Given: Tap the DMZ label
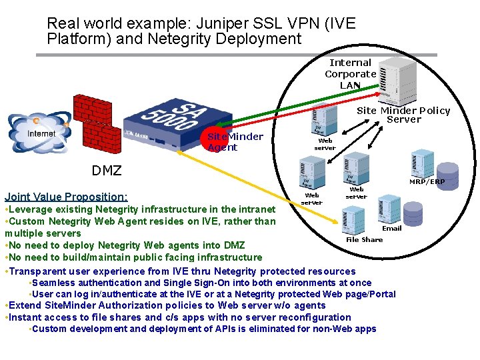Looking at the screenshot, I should pos(107,171).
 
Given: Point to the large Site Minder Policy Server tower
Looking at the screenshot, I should pos(394,73).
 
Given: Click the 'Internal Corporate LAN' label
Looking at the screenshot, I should pos(350,73).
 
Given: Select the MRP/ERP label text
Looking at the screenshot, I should pos(427,181).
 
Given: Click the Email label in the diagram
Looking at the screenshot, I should pos(391,229).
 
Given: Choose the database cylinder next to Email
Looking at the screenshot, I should pos(413,212).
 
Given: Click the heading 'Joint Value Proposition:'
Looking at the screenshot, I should pos(65,197).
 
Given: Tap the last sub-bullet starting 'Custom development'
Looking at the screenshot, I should pos(203,329).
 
